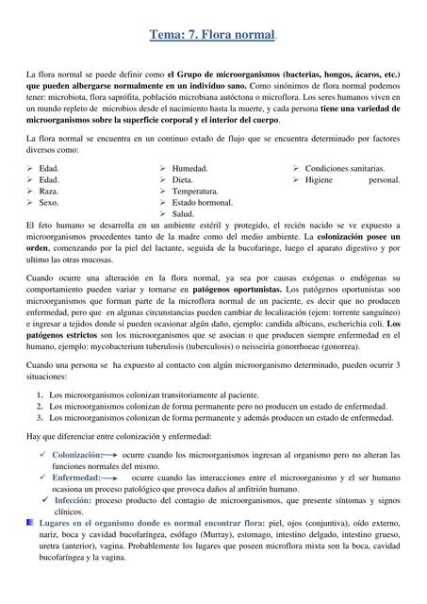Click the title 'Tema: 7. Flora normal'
213,36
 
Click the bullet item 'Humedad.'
190,168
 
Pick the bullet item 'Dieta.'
183,179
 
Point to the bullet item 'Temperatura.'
195,191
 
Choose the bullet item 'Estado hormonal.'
203,202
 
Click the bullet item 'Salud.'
184,214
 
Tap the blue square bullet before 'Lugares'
30,522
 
